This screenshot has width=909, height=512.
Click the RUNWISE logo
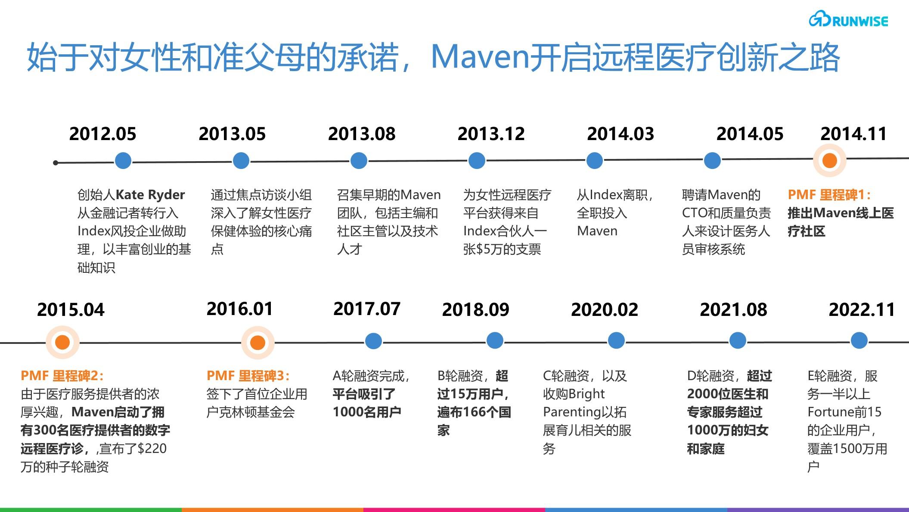[848, 20]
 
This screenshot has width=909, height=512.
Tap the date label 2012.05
[102, 134]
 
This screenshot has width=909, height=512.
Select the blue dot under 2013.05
[241, 161]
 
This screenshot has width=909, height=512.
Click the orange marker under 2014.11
[829, 160]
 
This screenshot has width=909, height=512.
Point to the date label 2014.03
[620, 134]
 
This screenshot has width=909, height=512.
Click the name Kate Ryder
[150, 195]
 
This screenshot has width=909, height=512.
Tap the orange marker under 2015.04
[62, 343]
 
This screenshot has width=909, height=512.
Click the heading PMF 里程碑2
[62, 376]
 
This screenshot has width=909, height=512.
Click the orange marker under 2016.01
[257, 343]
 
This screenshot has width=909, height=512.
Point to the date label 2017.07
[367, 309]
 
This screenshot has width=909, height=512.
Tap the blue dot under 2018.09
[495, 341]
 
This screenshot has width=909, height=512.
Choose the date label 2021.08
[733, 310]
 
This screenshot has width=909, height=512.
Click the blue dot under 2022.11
[859, 341]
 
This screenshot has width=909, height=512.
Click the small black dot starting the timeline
[56, 163]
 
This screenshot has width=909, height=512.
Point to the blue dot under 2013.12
[477, 161]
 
